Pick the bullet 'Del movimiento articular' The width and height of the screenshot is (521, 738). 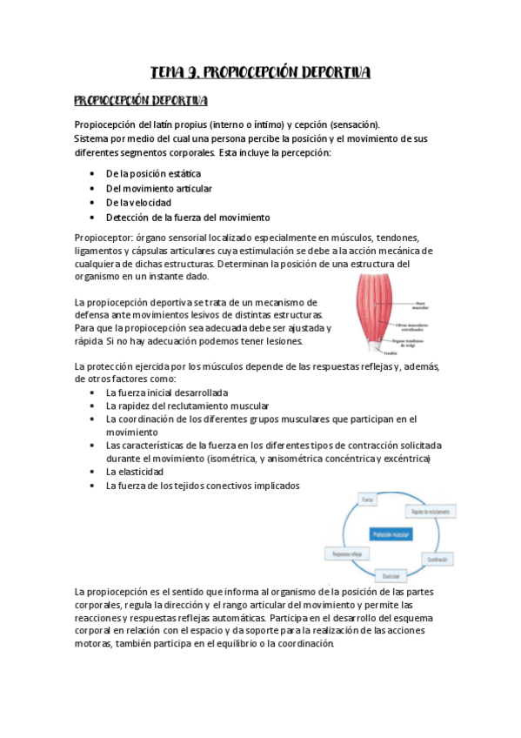[158, 188]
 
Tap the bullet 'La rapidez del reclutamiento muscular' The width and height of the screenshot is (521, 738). [187, 406]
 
